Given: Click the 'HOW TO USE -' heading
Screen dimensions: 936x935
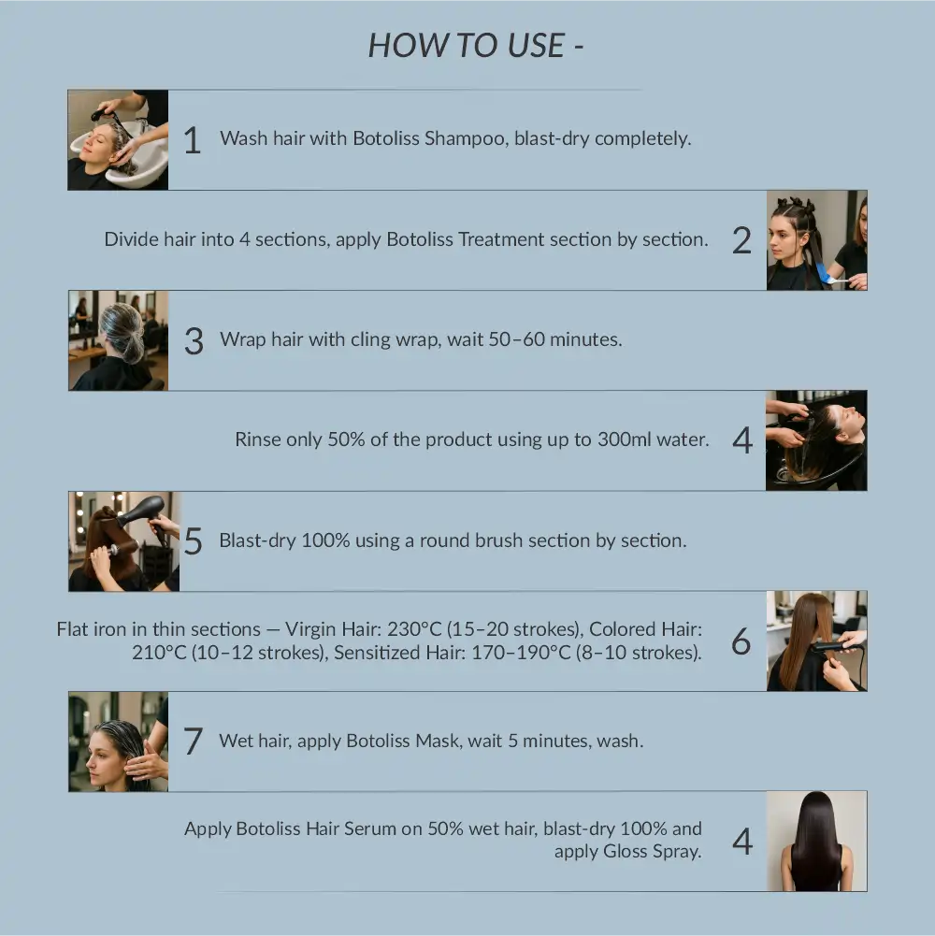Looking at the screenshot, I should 476,46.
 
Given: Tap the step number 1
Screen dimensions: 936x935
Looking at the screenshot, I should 192,140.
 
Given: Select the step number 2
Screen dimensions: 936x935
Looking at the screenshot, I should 741,240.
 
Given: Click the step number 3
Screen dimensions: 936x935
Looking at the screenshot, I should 194,341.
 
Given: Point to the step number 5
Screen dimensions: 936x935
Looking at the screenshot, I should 194,541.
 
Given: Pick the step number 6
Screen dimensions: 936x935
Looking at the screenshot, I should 741,641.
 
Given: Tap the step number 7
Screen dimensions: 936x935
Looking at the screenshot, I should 194,742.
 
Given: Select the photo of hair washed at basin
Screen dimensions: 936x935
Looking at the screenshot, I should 118,140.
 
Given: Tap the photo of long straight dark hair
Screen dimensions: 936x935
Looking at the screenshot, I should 816,842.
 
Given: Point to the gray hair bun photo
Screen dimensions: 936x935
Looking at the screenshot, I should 118,340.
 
